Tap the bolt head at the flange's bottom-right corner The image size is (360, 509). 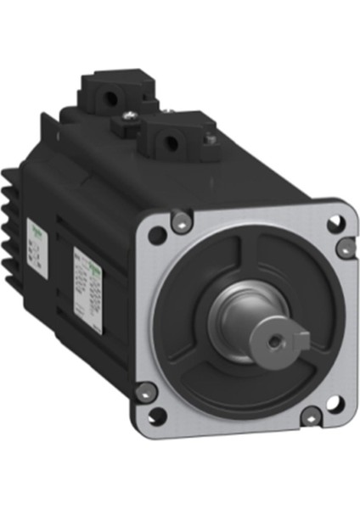click(312, 416)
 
